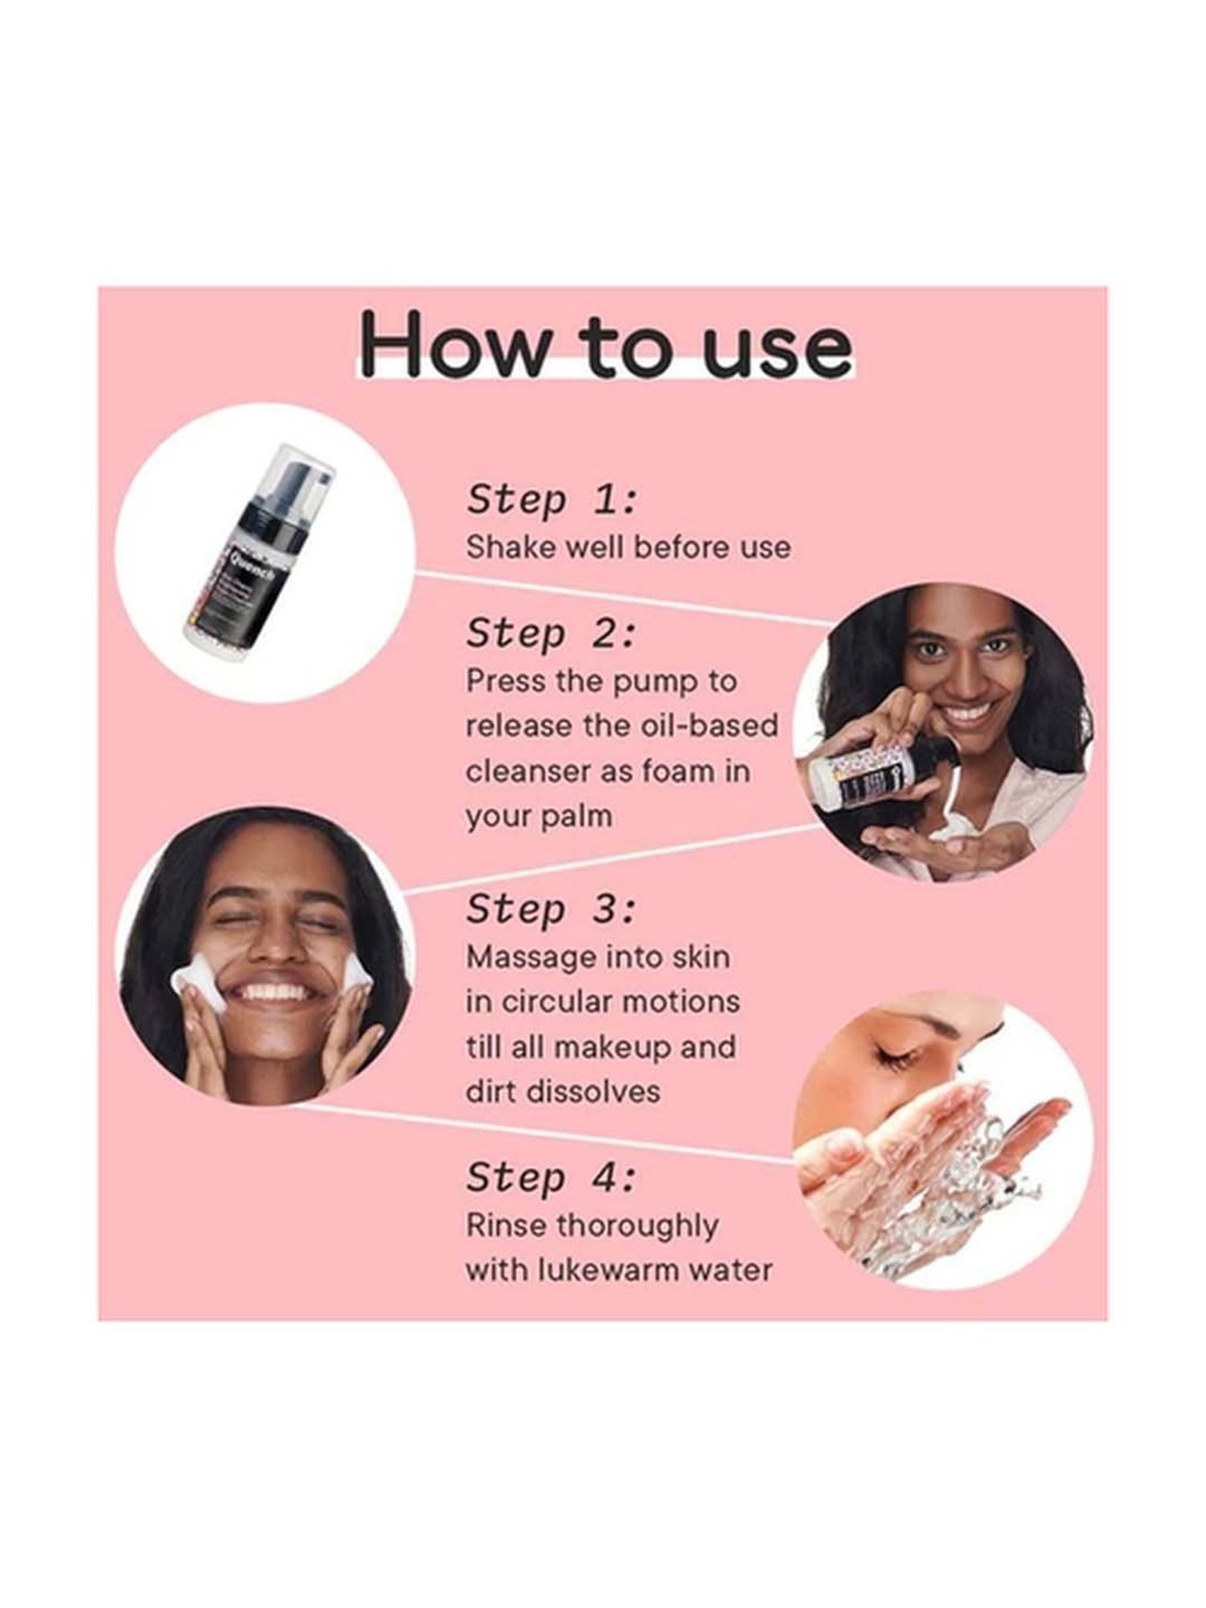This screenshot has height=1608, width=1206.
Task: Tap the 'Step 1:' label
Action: [552, 499]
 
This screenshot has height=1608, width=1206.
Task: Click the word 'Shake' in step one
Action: [508, 547]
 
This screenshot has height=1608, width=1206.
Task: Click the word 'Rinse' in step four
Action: [506, 1226]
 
